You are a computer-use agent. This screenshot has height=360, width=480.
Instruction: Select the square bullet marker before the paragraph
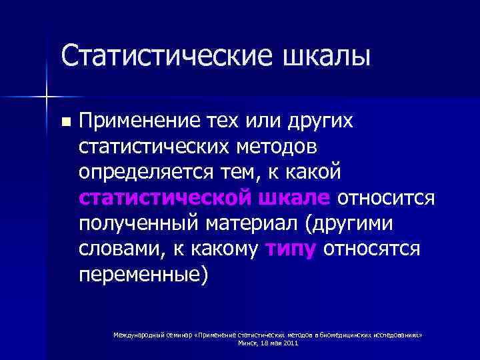(x=65, y=123)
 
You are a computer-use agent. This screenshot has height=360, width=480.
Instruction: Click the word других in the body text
(x=331, y=121)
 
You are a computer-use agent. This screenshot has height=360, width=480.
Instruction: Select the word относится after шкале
(x=387, y=197)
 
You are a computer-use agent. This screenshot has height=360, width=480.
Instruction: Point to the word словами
(x=116, y=248)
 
